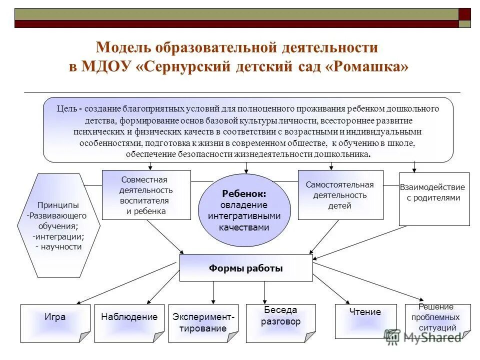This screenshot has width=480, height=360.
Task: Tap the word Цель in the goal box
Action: pyautogui.click(x=66, y=108)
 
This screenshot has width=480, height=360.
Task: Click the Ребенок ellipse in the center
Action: pyautogui.click(x=244, y=210)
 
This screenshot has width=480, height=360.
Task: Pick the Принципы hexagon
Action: pyautogui.click(x=59, y=225)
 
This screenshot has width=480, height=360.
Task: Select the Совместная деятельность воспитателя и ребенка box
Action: pyautogui.click(x=146, y=195)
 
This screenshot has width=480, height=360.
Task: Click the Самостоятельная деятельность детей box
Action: pyautogui.click(x=340, y=195)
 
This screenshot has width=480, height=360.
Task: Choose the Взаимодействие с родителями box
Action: pyautogui.click(x=434, y=198)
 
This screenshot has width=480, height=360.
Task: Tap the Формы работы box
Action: pyautogui.click(x=245, y=268)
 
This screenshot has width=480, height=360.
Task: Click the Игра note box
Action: pyautogui.click(x=55, y=323)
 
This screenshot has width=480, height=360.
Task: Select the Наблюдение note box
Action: pyautogui.click(x=129, y=323)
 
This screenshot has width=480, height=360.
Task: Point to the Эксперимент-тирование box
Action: pyautogui.click(x=203, y=323)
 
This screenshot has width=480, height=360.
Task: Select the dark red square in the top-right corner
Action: pyautogui.click(x=464, y=14)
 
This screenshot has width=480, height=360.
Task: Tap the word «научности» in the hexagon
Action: pyautogui.click(x=61, y=246)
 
